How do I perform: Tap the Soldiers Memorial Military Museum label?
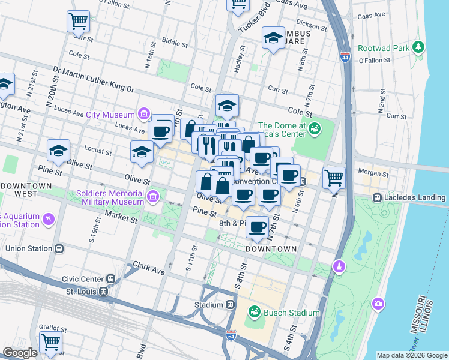(110, 198)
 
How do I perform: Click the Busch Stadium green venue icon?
(254, 313)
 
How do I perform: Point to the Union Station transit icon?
(59, 248)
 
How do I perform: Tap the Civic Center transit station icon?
(110, 279)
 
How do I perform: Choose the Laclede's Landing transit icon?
(377, 197)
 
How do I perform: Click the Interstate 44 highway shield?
(345, 57)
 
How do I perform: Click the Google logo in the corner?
(20, 353)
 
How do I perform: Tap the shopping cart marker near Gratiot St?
(50, 342)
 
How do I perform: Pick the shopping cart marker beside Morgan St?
(334, 176)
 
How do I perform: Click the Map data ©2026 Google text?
(411, 355)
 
